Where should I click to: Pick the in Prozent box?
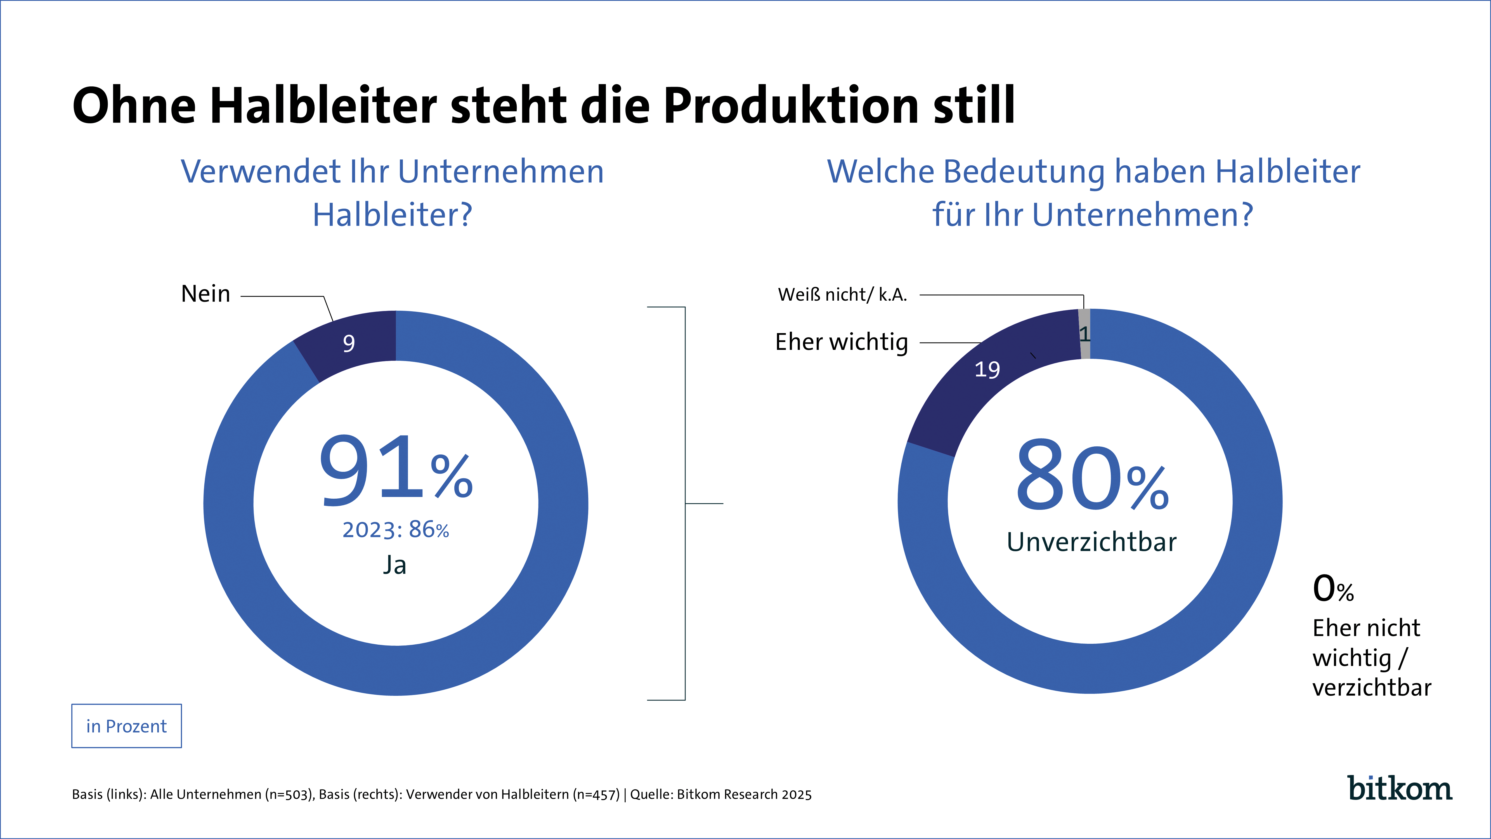tap(126, 726)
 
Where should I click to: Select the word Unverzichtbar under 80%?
tap(1092, 542)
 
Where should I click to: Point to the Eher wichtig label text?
tap(842, 342)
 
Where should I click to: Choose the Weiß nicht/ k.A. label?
tap(842, 295)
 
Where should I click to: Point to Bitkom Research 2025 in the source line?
tap(744, 795)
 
